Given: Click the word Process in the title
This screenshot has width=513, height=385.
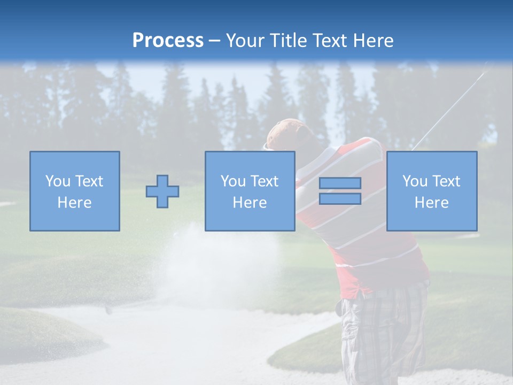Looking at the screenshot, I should click(x=168, y=41).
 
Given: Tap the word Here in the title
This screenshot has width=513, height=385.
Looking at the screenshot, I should click(x=372, y=41).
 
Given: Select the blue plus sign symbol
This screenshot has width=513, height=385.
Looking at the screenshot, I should click(x=162, y=191).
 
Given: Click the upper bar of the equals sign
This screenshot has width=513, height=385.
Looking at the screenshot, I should click(x=340, y=183).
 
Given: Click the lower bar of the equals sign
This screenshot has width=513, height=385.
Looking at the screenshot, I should click(x=340, y=199).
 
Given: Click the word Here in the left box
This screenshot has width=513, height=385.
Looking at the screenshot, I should click(x=74, y=203).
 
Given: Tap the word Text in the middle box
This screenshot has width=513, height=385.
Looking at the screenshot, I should click(x=264, y=181).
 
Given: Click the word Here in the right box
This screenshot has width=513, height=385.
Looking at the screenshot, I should click(x=431, y=203).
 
